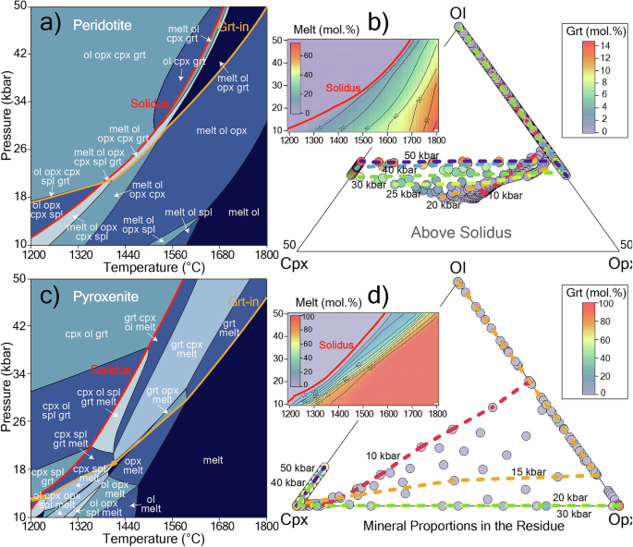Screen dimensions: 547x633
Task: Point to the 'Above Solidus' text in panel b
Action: click(x=459, y=232)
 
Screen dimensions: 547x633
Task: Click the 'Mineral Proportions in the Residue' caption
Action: click(x=465, y=525)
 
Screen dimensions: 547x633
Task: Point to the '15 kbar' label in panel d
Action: click(x=527, y=471)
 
